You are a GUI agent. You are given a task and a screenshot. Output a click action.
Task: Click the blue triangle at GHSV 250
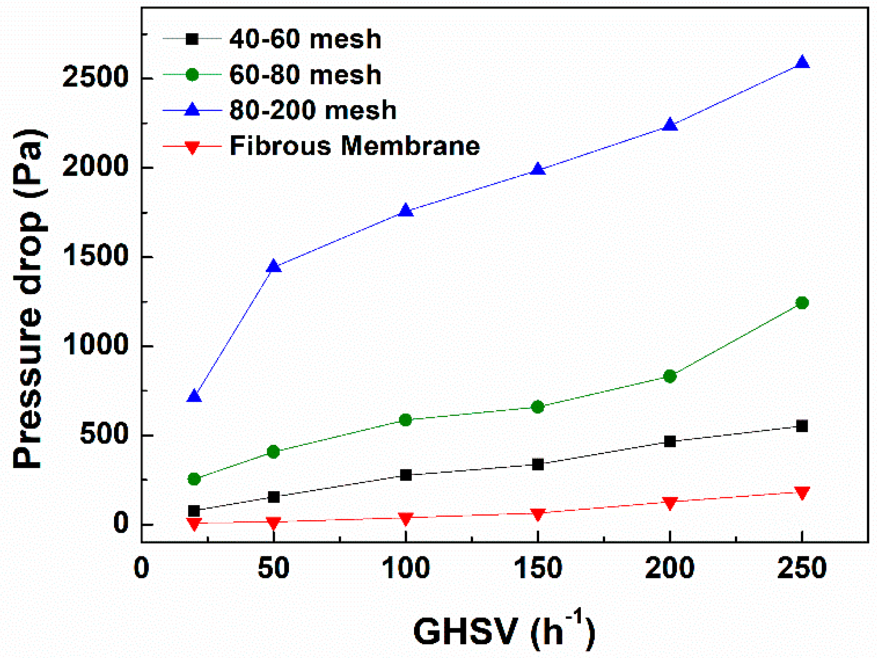(x=802, y=63)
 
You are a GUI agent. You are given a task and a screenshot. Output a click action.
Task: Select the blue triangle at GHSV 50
(x=274, y=267)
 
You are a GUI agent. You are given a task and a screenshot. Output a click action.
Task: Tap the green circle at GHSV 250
(x=802, y=303)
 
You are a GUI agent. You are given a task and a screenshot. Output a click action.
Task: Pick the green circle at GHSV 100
(x=406, y=420)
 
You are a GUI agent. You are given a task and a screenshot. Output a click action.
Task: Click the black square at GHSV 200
(x=670, y=441)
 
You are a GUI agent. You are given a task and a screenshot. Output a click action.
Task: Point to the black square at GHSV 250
(x=802, y=426)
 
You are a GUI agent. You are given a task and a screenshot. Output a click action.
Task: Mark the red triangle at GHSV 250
(x=802, y=492)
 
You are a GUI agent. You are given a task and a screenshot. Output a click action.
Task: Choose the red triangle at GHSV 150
(x=537, y=514)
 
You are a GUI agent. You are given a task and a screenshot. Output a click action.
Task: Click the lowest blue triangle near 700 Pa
(x=194, y=396)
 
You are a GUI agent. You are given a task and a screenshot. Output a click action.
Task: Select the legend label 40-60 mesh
(x=305, y=39)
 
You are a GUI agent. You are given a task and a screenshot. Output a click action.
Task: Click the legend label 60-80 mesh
(x=305, y=75)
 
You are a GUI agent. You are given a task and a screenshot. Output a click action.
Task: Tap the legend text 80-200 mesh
(x=313, y=110)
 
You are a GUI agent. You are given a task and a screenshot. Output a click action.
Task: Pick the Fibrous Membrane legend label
(x=354, y=146)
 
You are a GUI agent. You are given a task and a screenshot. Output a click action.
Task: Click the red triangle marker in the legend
(x=192, y=147)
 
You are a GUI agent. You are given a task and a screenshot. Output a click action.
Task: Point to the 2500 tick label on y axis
(x=95, y=78)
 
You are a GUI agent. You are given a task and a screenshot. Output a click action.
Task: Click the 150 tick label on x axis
(x=538, y=568)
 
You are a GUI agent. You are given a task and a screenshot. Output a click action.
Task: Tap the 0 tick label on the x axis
(x=141, y=568)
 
